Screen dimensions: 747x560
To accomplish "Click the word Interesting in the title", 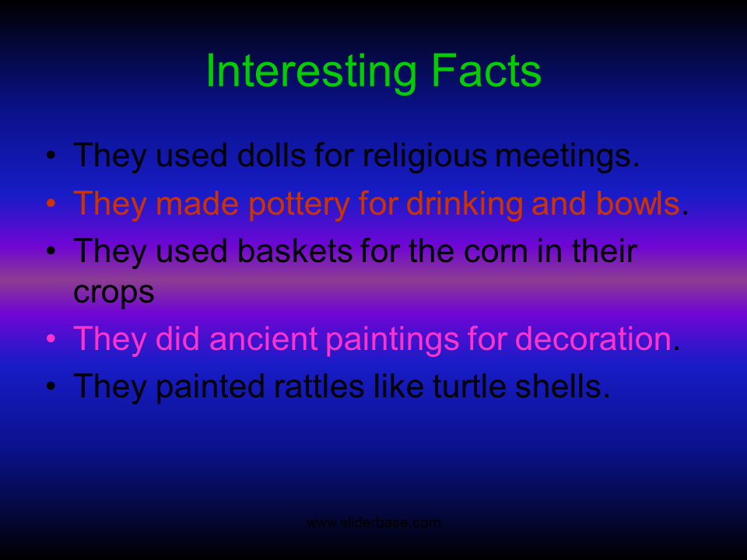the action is coord(311,72).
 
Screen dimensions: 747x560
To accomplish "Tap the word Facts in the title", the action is coord(486,71).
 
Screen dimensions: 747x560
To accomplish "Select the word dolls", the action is coord(272,156).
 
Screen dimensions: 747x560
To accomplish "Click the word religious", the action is coord(426,156).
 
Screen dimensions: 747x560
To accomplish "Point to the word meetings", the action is coord(568,156).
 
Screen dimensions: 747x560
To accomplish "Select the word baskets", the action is coord(295,251).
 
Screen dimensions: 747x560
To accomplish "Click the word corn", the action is coord(496,252).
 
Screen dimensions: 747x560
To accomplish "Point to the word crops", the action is coord(114,293).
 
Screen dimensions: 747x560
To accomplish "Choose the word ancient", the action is coord(263,338).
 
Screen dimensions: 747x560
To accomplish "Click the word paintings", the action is coord(392,340).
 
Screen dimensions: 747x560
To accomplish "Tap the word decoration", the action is coord(594,338).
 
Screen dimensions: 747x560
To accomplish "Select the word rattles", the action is coord(319,387).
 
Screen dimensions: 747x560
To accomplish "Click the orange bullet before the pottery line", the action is coord(51,203).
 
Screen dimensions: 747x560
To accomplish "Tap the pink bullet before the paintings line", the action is coord(51,338).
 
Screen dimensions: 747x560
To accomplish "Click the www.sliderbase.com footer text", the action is coord(373,523).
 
